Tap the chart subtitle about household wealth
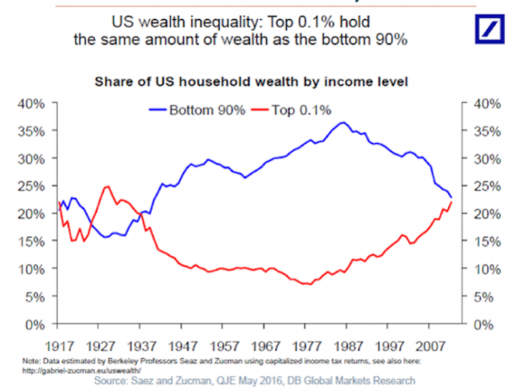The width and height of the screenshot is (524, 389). tap(251, 82)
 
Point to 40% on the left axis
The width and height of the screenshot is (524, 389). tap(32, 104)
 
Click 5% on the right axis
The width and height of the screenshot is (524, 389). tap(486, 297)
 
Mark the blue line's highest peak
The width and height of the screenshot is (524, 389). tap(343, 122)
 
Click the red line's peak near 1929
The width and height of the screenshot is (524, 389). tap(107, 186)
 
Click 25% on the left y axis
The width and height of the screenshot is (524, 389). tap(32, 186)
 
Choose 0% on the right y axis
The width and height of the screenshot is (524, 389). tap(486, 324)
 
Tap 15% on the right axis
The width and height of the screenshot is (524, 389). tap(486, 242)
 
